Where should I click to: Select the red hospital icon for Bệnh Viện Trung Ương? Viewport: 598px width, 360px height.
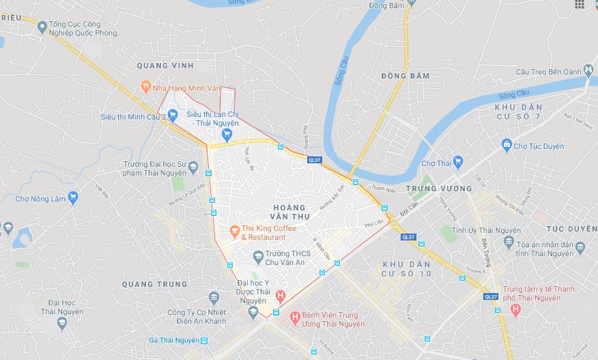point(295,318)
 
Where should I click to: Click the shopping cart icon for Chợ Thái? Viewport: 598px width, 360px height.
point(457,163)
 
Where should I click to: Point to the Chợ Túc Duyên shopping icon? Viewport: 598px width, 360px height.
point(506,144)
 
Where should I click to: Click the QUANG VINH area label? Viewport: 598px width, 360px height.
point(165,66)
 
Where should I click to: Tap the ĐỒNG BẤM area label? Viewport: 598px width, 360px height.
point(405,75)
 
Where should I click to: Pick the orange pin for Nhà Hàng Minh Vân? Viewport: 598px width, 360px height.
point(145,87)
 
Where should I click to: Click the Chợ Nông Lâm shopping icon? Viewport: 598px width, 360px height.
point(73,198)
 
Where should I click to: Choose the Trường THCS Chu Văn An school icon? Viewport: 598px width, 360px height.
point(258,257)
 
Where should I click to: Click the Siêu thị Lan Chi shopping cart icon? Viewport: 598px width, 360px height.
point(217,133)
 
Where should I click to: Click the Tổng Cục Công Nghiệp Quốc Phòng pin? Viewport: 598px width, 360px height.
point(42,28)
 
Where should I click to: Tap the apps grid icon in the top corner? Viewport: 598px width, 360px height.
point(580,5)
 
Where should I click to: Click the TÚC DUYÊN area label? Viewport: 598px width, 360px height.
point(571,228)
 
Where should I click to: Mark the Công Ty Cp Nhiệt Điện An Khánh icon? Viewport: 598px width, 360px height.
point(214,297)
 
